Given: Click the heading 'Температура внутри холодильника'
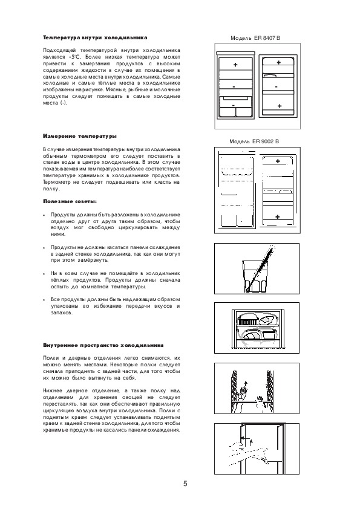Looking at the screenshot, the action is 95,37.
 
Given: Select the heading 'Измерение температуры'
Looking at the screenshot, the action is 80,137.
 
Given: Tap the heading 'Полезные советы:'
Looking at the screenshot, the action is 70,201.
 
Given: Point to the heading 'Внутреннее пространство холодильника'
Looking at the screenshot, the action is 103,345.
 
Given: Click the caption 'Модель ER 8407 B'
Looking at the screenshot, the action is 255,38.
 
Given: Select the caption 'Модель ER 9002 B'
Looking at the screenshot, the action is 254,141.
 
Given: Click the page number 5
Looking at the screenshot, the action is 185,484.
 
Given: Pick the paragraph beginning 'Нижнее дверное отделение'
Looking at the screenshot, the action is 111,410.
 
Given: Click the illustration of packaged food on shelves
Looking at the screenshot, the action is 257,328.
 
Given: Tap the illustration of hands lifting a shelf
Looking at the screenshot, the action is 257,388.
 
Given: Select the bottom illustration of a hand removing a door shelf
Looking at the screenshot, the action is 257,449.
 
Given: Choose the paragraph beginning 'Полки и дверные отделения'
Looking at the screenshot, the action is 111,368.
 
